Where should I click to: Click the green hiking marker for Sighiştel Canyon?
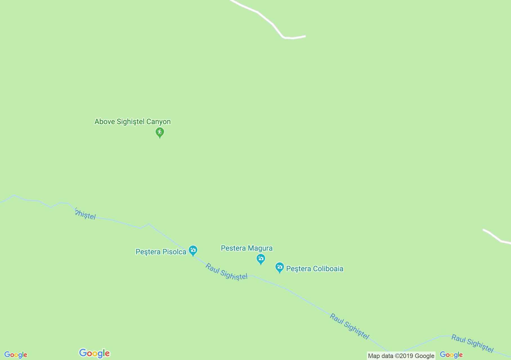click(x=160, y=132)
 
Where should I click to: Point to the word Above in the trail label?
click(x=105, y=122)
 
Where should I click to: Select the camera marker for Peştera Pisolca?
click(x=193, y=250)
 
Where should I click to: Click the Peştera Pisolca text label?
click(x=161, y=252)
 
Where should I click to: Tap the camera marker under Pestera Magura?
click(x=261, y=258)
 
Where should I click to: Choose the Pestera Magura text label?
click(x=246, y=248)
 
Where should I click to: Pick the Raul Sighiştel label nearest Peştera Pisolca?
click(x=227, y=272)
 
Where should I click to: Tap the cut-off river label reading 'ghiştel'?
click(x=86, y=215)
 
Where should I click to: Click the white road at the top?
click(x=270, y=22)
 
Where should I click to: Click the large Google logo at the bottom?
click(x=95, y=353)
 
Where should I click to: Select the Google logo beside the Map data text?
click(x=451, y=355)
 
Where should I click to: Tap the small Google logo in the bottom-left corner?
click(x=16, y=355)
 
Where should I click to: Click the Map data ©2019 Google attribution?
click(x=401, y=356)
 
